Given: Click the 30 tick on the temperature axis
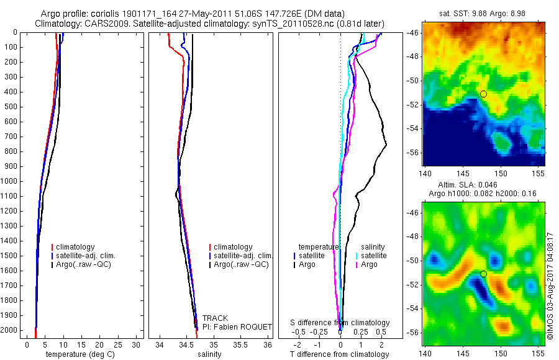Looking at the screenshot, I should click(x=134, y=344).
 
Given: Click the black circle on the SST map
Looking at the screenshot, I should click(x=483, y=94).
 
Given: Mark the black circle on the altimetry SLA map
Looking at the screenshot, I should click(x=483, y=274).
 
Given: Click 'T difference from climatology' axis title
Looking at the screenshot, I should click(x=339, y=354).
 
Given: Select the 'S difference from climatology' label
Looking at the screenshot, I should click(x=340, y=323).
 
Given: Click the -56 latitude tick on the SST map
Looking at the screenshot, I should click(x=413, y=153).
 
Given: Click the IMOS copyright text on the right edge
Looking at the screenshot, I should click(x=550, y=286).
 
